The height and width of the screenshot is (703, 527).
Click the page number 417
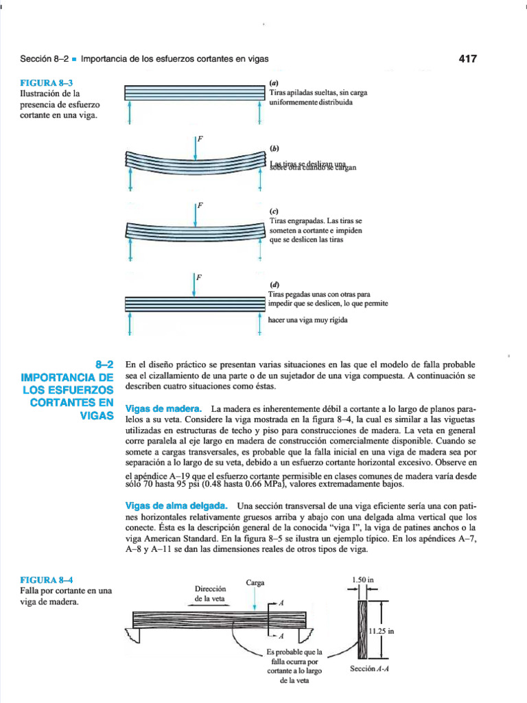pos(467,59)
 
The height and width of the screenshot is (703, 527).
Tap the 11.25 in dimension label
pos(382,632)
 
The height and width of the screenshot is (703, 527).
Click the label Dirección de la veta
pos(210,593)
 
